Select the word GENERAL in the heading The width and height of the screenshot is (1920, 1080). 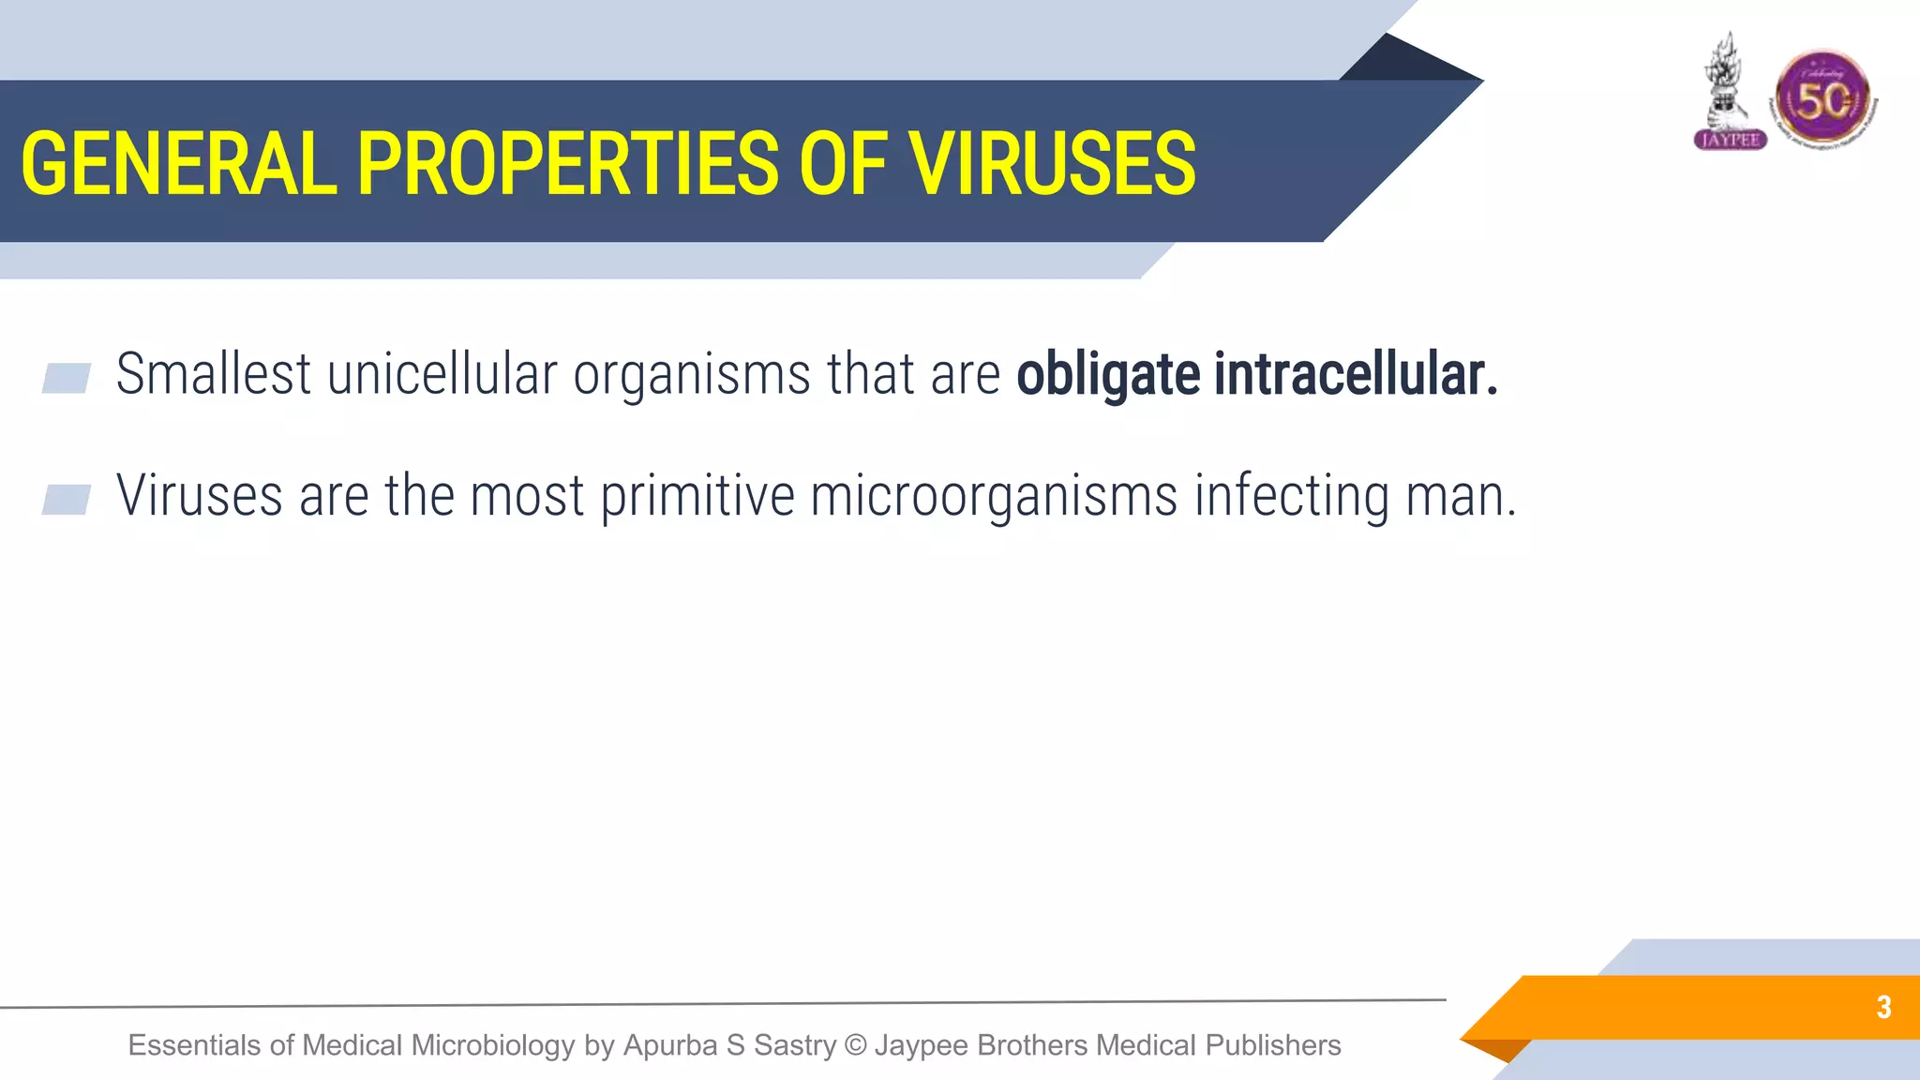[178, 164]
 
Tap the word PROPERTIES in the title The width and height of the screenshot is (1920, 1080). [567, 164]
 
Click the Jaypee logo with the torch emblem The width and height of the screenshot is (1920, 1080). [1730, 94]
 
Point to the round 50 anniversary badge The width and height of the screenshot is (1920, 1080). [1822, 99]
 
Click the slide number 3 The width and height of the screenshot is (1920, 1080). [1883, 1007]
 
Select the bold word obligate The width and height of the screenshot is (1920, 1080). [1108, 374]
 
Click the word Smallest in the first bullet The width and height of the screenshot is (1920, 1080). [213, 374]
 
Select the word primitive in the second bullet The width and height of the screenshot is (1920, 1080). [697, 496]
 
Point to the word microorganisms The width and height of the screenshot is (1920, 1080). [994, 496]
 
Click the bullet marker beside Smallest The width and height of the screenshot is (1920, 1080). [67, 378]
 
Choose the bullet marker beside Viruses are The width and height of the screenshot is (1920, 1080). [67, 500]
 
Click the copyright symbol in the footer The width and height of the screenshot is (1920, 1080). [855, 1045]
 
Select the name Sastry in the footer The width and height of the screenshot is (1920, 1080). [794, 1045]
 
